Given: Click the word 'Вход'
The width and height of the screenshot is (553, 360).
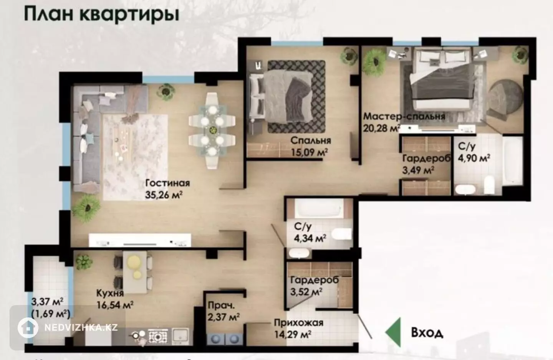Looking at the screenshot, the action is (427, 333).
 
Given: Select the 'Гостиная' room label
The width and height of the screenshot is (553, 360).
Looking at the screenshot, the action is (167, 183).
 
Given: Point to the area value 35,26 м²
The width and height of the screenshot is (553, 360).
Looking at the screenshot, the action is (164, 195).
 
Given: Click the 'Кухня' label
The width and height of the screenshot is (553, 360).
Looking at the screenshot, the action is (110, 293).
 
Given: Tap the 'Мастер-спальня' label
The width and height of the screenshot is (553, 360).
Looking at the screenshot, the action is (404, 116).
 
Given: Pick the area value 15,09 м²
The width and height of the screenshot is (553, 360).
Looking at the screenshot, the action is (310, 152).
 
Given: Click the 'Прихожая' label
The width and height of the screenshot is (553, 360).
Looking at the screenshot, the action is (299, 323).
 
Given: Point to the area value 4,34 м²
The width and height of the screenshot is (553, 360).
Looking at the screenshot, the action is (310, 238).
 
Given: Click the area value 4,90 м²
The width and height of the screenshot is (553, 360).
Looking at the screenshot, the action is (474, 158).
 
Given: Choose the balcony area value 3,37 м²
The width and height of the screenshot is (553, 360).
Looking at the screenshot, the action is (47, 302).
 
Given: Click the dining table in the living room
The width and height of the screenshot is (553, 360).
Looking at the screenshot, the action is (212, 131).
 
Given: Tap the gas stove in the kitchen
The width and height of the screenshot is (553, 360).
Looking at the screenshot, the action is (157, 336).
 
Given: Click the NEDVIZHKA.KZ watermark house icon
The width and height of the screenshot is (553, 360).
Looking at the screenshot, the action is (28, 328).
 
